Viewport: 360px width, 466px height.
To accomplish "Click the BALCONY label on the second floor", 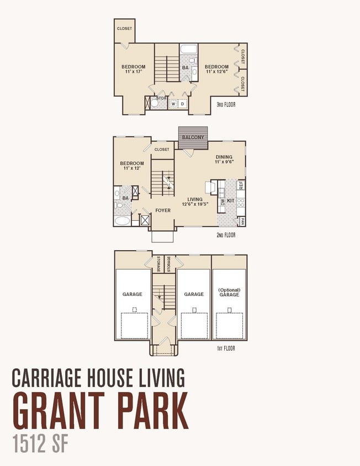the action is (x=193, y=137).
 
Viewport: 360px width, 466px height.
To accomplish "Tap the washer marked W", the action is (x=173, y=104).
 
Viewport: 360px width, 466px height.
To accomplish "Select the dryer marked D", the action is (x=183, y=104).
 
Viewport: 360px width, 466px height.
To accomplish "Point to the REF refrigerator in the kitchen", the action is (x=241, y=185).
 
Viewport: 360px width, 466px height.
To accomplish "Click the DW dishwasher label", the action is (x=222, y=203).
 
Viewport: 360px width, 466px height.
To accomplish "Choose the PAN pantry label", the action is (x=242, y=221).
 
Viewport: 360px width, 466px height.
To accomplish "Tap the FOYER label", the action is (x=163, y=210).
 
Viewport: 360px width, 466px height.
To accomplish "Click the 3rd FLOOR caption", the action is (x=226, y=104).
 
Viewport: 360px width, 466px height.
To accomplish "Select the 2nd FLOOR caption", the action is (x=226, y=235).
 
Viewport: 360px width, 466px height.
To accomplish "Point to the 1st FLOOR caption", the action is (x=226, y=348).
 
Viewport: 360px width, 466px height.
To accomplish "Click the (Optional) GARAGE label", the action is (x=229, y=292).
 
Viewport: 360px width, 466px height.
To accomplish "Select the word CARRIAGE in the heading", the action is (x=46, y=378).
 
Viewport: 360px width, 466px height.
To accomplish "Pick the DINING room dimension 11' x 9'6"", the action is (x=224, y=162).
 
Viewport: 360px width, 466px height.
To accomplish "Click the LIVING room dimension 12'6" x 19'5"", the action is (x=195, y=204).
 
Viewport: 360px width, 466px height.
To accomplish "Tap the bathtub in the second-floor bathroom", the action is (x=122, y=221).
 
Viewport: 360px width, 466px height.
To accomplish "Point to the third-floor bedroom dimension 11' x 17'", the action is (x=134, y=71).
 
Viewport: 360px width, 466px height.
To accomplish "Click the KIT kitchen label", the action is (x=231, y=200).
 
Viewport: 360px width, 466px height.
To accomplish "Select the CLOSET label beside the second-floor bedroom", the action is (x=162, y=150).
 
